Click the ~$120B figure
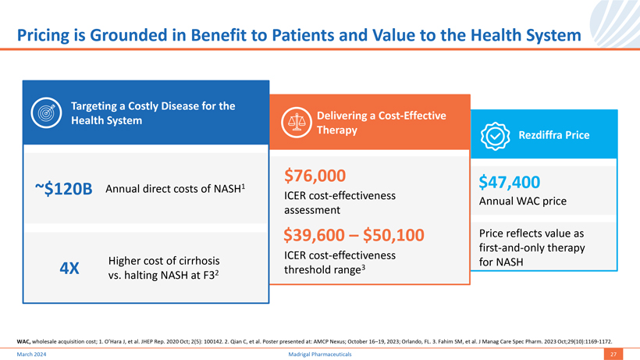coord(63,188)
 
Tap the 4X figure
coord(69,268)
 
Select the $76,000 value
coord(315,175)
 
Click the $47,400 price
coord(509,182)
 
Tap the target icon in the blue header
coord(48,113)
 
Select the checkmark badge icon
coord(495,135)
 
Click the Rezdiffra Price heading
coord(554,135)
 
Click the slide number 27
coord(613,354)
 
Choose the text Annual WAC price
coord(522,201)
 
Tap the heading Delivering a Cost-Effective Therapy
coord(381,123)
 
